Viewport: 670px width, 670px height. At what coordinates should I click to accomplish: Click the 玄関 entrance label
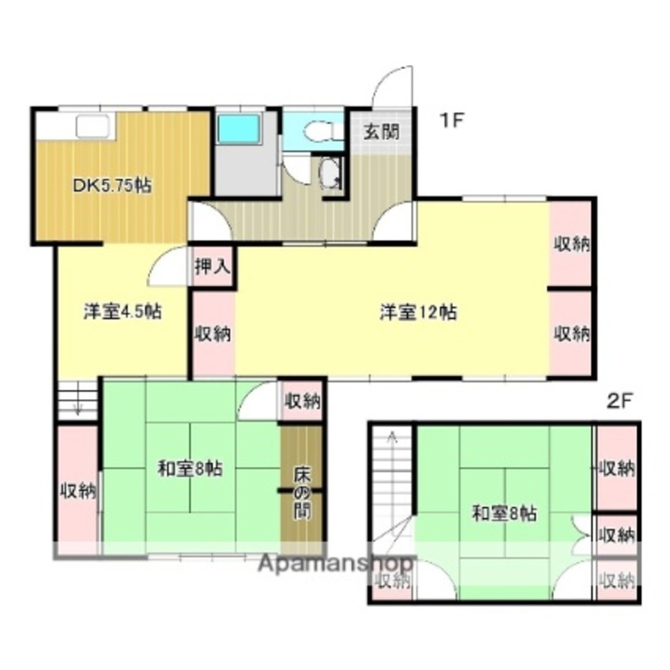tap(381, 131)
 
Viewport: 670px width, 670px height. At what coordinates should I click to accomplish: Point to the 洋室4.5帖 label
tap(122, 312)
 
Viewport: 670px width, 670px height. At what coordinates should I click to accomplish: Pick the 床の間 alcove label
tap(301, 493)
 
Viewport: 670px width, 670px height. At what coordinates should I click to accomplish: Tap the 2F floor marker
tap(620, 401)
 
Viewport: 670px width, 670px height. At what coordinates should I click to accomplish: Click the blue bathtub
tap(239, 127)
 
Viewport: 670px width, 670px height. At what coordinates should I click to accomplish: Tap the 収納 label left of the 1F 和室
tap(78, 491)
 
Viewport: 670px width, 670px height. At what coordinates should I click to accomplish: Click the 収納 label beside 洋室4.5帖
tap(214, 333)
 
